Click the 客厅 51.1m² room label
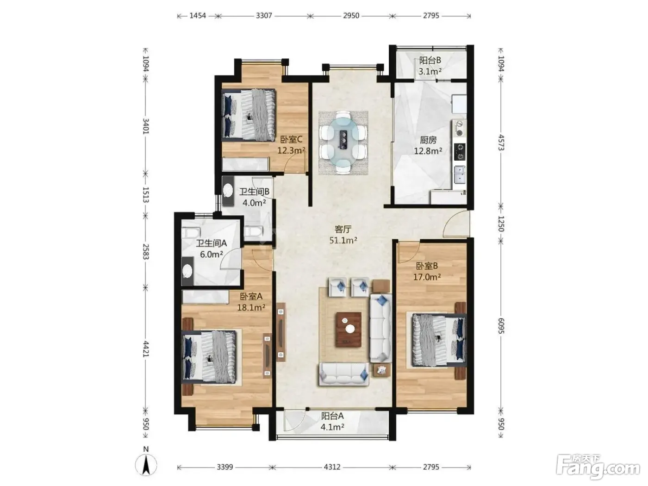click(343, 235)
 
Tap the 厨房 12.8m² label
click(428, 145)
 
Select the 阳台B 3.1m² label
click(430, 66)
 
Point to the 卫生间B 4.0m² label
click(254, 197)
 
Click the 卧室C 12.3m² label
click(291, 144)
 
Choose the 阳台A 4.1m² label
click(332, 421)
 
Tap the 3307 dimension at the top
click(264, 15)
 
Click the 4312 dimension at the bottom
click(332, 467)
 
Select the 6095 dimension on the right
click(501, 326)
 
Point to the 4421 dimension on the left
click(146, 349)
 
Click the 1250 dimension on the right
click(501, 224)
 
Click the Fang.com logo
click(598, 468)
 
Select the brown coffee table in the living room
click(349, 330)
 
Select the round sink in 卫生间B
click(228, 190)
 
